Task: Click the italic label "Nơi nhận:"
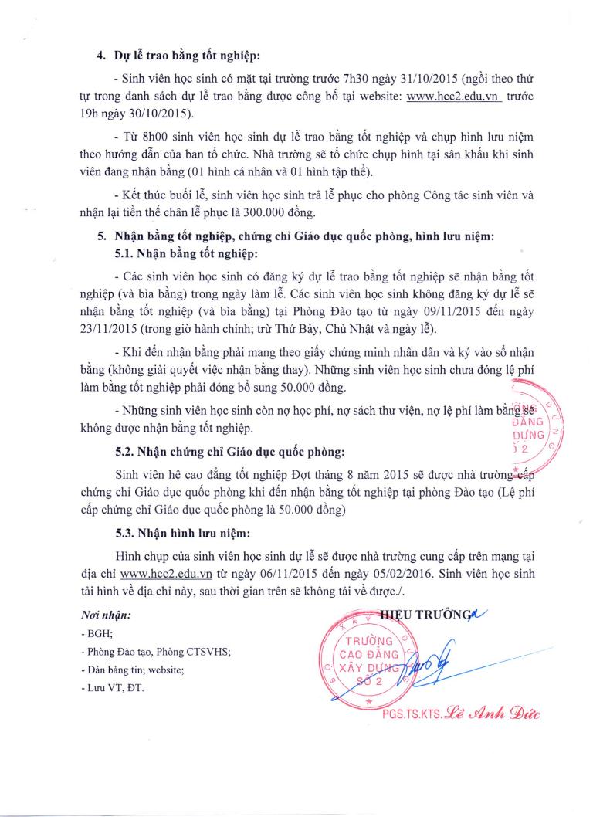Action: coord(106,615)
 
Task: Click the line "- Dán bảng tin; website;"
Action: coord(132,669)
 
